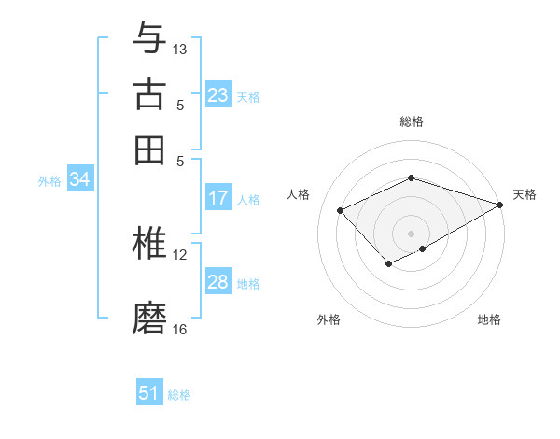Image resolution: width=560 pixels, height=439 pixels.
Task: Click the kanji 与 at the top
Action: click(x=149, y=38)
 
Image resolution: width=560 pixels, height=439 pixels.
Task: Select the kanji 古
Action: click(x=149, y=94)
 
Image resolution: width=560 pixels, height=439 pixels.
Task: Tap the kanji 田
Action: click(x=149, y=150)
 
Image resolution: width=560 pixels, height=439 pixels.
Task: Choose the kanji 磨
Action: click(x=149, y=318)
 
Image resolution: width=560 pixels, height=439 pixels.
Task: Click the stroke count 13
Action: click(x=180, y=49)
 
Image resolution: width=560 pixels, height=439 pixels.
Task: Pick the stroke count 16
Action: click(x=180, y=329)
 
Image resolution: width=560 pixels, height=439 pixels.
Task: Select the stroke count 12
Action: click(x=180, y=254)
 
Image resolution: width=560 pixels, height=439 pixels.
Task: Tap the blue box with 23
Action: click(x=218, y=95)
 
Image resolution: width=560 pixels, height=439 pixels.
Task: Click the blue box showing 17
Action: click(x=218, y=198)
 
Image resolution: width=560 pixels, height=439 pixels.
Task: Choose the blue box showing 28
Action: click(x=218, y=282)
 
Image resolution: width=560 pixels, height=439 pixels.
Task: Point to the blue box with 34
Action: click(x=79, y=180)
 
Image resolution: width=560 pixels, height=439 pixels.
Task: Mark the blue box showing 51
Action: click(x=149, y=393)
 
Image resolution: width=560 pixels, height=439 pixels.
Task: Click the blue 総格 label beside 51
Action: click(x=179, y=395)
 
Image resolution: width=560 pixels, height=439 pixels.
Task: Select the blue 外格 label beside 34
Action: click(x=49, y=181)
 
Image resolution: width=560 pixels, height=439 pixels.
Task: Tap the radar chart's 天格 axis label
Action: click(x=525, y=194)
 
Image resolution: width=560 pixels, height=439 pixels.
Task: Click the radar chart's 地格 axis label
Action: click(x=489, y=319)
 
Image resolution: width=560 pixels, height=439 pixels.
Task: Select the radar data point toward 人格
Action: click(x=341, y=211)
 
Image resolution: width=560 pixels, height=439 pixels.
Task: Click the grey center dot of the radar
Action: click(x=411, y=233)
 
